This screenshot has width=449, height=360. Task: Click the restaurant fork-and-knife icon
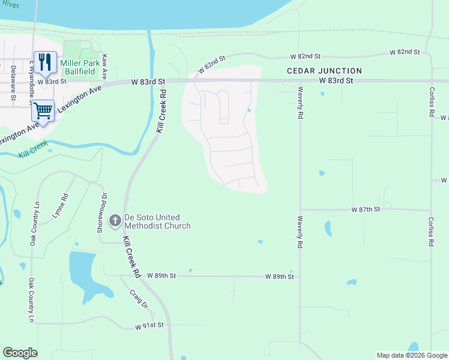(45, 61)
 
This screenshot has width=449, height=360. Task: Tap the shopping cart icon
(43, 110)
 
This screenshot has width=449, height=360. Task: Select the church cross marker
(115, 221)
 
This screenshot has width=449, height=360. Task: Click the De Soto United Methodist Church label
(157, 221)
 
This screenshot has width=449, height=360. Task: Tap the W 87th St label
(366, 209)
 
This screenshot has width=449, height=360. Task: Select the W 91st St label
(149, 326)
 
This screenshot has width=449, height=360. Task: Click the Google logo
(20, 353)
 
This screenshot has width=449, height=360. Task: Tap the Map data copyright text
(412, 355)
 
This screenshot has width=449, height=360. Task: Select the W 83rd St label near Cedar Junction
(336, 80)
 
